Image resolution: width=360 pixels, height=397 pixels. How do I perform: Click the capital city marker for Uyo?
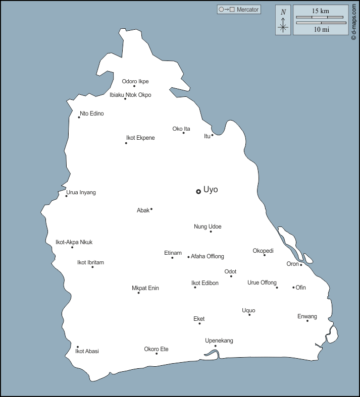tap(198, 191)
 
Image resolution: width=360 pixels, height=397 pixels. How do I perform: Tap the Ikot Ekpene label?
tap(140, 138)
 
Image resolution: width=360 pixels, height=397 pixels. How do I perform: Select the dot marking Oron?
tap(301, 265)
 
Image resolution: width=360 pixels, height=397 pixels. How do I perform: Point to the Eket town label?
tap(199, 319)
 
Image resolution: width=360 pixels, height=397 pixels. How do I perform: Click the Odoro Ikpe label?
tap(135, 81)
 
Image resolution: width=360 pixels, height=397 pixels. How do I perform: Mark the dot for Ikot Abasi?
tap(77, 347)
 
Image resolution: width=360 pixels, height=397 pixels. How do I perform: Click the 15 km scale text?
tap(321, 11)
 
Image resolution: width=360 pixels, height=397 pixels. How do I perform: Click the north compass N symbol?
tap(283, 12)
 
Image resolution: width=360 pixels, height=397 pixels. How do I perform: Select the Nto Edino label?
tap(91, 114)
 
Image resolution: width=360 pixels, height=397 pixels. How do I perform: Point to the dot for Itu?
tap(212, 135)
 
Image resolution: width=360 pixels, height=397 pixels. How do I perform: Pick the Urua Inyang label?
tap(81, 192)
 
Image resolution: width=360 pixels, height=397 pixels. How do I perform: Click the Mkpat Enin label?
tap(145, 288)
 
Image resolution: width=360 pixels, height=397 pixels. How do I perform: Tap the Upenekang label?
tap(219, 341)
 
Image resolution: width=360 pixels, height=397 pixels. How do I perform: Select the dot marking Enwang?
tap(307, 321)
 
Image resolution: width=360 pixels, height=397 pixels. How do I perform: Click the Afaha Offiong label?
tap(207, 256)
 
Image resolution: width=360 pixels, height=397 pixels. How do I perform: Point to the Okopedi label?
tap(263, 251)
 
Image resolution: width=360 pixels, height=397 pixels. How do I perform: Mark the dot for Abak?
tap(151, 209)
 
